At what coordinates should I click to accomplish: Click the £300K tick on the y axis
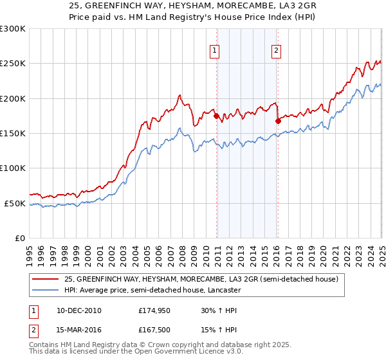click(14, 29)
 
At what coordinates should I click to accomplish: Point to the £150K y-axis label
click(14, 133)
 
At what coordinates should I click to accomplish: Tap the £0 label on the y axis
click(20, 238)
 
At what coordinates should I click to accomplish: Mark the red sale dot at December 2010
click(217, 116)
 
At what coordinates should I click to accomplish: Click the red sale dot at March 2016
click(279, 121)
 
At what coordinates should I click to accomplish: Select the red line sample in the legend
click(46, 280)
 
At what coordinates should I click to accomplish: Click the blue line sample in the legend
click(46, 290)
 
